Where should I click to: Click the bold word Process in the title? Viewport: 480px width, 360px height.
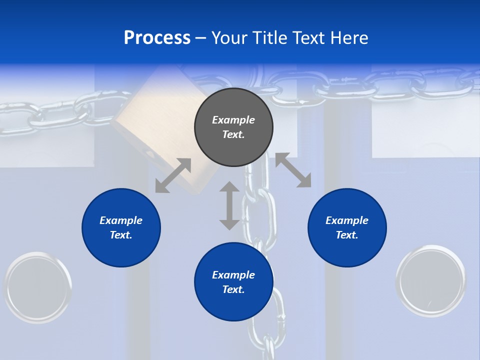pyautogui.click(x=157, y=38)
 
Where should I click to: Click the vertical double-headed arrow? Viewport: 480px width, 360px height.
pyautogui.click(x=229, y=205)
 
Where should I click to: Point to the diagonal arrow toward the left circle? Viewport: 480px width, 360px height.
pyautogui.click(x=173, y=175)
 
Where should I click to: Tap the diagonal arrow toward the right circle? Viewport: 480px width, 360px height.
pyautogui.click(x=293, y=170)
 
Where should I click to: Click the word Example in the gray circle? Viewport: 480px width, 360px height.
pyautogui.click(x=233, y=120)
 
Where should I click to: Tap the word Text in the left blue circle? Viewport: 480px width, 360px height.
pyautogui.click(x=120, y=235)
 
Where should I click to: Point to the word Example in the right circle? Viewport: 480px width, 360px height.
pyautogui.click(x=347, y=220)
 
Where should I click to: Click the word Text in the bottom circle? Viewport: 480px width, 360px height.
pyautogui.click(x=233, y=289)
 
